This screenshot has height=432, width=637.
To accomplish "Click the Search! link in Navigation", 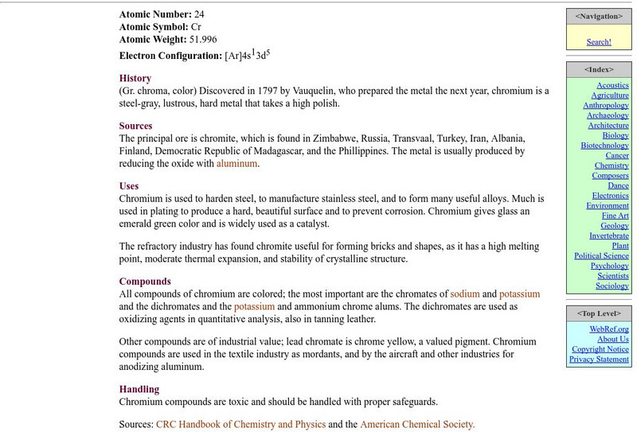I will click(599, 42).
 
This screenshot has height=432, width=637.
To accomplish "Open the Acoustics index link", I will click(612, 85).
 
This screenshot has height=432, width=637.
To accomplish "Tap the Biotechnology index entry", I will click(604, 146).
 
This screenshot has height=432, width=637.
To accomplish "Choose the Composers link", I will click(610, 176).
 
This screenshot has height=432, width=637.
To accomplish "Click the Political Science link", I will click(601, 256).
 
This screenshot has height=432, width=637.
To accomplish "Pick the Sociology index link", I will click(612, 286).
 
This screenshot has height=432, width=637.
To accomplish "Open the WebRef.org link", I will click(609, 329).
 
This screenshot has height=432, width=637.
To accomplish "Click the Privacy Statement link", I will click(599, 360).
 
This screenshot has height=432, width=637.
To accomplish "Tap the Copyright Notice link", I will click(600, 349).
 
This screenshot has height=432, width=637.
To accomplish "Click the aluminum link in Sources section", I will click(237, 164).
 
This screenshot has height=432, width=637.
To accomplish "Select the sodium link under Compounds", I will click(465, 294).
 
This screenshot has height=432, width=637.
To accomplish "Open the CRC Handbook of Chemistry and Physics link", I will click(240, 425).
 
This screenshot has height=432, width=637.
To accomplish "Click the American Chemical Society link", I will click(417, 425).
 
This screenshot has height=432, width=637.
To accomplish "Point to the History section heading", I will click(135, 78).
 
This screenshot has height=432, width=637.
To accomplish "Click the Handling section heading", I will click(139, 389).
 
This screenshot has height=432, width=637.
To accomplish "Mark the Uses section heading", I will click(130, 185).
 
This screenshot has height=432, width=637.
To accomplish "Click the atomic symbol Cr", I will click(196, 26).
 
